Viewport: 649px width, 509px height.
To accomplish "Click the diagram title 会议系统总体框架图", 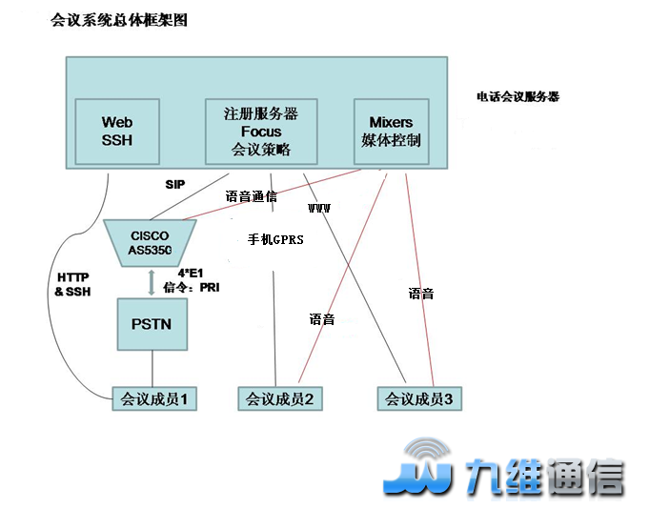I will click(x=119, y=19).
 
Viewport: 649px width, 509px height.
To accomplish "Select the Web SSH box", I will click(x=117, y=132).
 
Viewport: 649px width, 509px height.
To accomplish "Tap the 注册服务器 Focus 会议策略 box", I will click(x=261, y=132).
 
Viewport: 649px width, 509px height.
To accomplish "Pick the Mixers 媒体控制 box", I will click(x=391, y=132).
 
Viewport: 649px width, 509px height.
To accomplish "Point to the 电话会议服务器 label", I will click(x=517, y=96).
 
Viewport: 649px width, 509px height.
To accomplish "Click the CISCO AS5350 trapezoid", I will click(x=150, y=243).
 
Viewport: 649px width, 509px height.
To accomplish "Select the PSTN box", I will click(x=151, y=323).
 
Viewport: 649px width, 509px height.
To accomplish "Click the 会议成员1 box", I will click(x=153, y=398).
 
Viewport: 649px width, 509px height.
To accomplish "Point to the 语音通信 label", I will click(x=251, y=197).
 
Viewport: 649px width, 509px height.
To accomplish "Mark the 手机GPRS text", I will click(x=275, y=240).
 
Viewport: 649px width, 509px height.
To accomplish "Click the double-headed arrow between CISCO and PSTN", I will click(x=151, y=280).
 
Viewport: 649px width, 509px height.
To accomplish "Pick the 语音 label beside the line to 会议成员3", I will click(x=420, y=294).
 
